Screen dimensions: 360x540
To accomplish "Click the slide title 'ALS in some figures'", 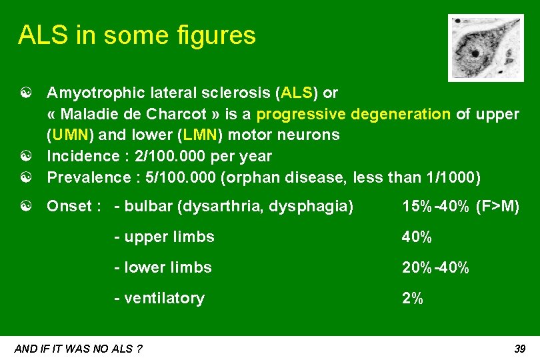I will point(137,35).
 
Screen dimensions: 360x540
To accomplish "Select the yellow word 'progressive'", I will point(296,113).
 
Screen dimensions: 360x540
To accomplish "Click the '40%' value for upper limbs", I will point(417,237).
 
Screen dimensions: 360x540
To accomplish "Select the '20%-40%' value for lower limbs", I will point(435,267).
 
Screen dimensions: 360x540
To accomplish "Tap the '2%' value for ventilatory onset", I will point(412,298).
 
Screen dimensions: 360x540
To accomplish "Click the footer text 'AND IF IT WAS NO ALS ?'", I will point(77,349).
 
